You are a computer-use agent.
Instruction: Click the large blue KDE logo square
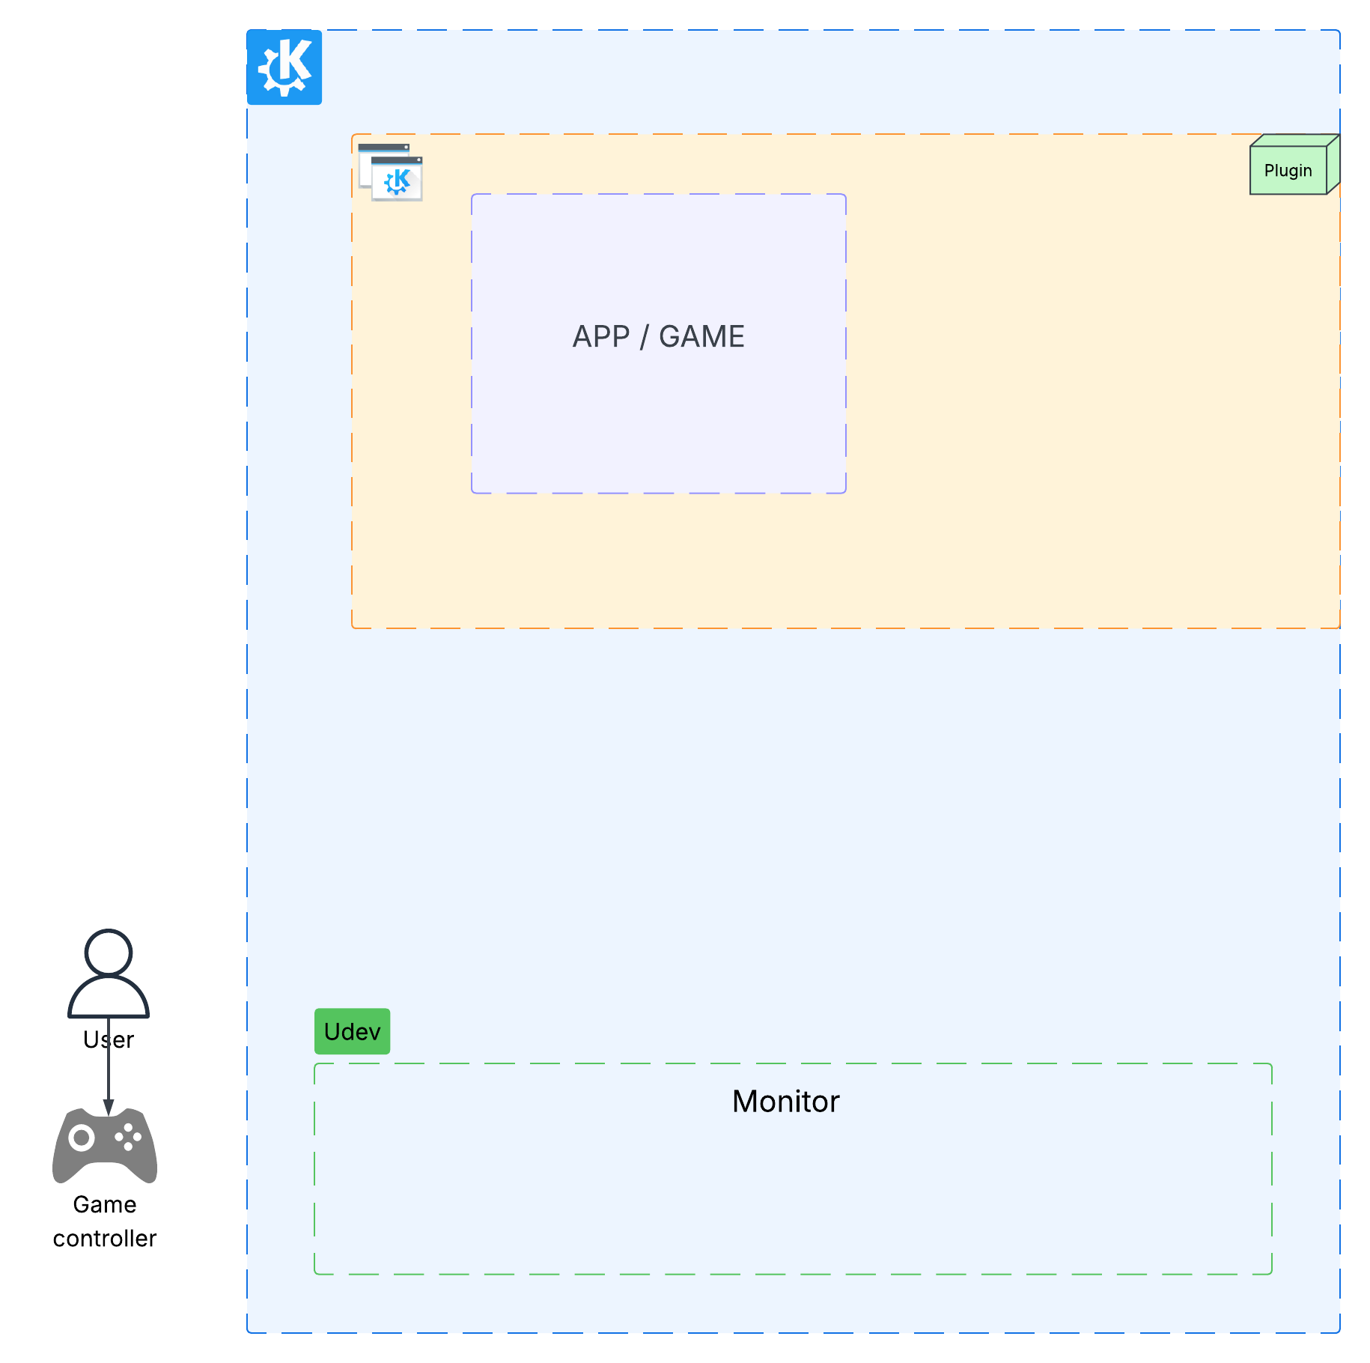tap(284, 67)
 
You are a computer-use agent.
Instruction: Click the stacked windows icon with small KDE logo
tap(390, 172)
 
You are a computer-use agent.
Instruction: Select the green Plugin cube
tap(1289, 168)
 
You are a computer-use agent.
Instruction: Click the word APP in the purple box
tap(600, 337)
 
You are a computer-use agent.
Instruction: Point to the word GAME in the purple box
tap(701, 337)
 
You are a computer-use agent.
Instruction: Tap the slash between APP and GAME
tap(643, 338)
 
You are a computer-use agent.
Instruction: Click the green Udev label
tap(352, 1031)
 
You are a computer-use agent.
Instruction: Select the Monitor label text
tap(785, 1102)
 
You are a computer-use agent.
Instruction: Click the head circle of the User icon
tap(109, 953)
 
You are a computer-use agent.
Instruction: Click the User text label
tap(109, 1040)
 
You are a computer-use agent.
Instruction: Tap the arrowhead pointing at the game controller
tap(109, 1108)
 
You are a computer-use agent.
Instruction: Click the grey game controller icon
tap(105, 1146)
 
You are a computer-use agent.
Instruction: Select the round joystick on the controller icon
tap(81, 1138)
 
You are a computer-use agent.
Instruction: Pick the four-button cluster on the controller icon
tap(128, 1137)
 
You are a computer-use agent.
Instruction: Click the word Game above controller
tap(105, 1204)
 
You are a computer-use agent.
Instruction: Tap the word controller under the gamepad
tap(105, 1239)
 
